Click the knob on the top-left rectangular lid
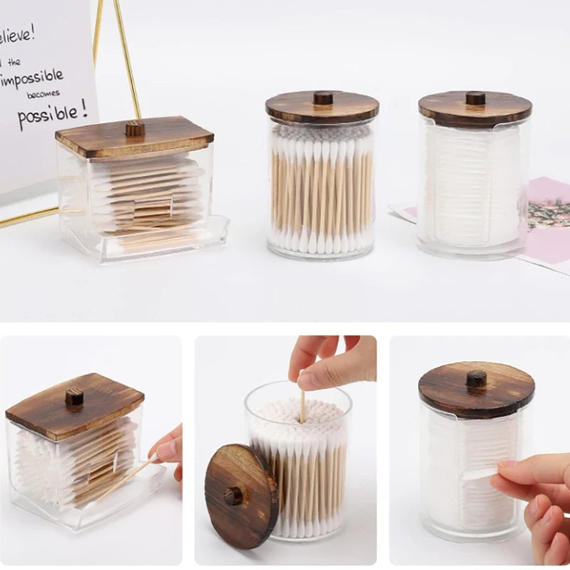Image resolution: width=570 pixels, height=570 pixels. [135, 129]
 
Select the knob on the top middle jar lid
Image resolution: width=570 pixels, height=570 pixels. [323, 98]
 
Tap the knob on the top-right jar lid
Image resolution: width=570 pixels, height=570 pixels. [475, 98]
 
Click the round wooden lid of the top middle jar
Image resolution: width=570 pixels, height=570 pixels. [322, 108]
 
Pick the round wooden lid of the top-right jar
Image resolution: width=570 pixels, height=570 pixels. [475, 109]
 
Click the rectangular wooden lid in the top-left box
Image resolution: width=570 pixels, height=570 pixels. [134, 139]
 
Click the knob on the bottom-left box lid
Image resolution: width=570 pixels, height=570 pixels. [74, 398]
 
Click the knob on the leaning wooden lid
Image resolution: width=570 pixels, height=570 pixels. [234, 495]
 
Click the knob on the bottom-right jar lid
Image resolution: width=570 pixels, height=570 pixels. [476, 378]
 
